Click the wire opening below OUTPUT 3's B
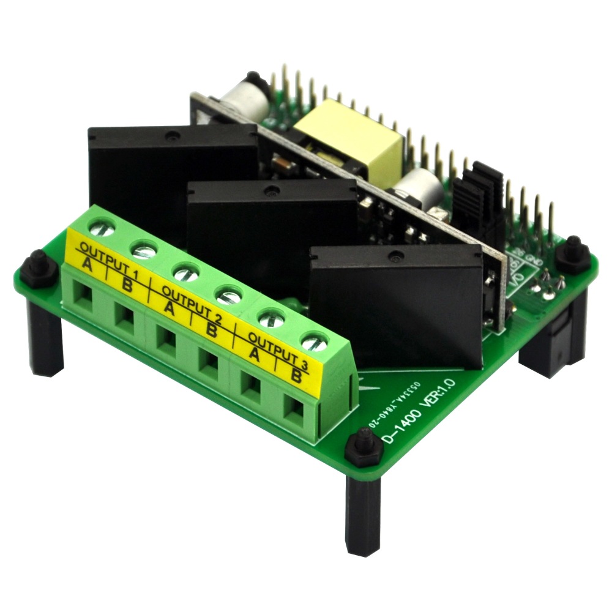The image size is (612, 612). coord(295,411)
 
